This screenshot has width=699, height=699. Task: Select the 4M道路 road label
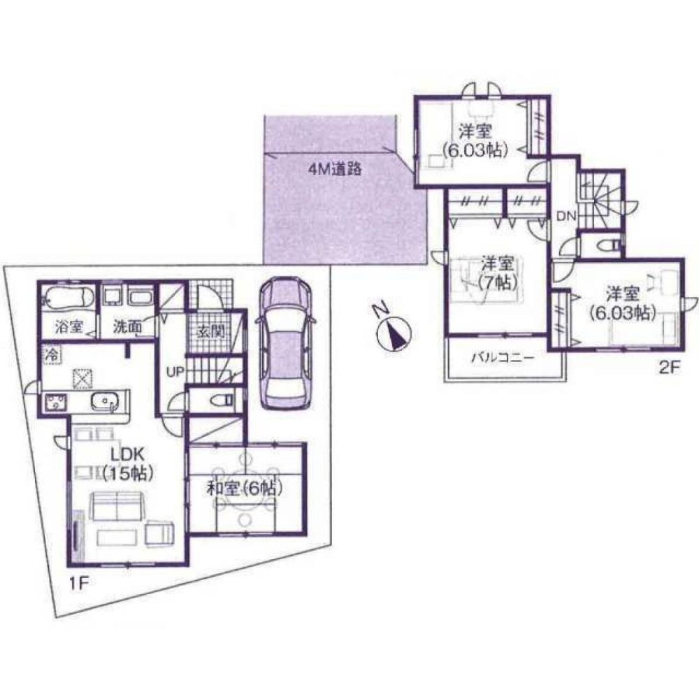[335, 168]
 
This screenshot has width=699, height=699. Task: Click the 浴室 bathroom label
[69, 325]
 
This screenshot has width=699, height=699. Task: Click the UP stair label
[174, 371]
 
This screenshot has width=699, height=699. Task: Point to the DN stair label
[565, 217]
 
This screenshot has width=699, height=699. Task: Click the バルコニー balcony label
[502, 357]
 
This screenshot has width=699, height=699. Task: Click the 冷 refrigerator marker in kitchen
[52, 354]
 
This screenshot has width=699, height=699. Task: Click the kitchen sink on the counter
[106, 403]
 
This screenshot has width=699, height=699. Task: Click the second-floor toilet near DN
[607, 245]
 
